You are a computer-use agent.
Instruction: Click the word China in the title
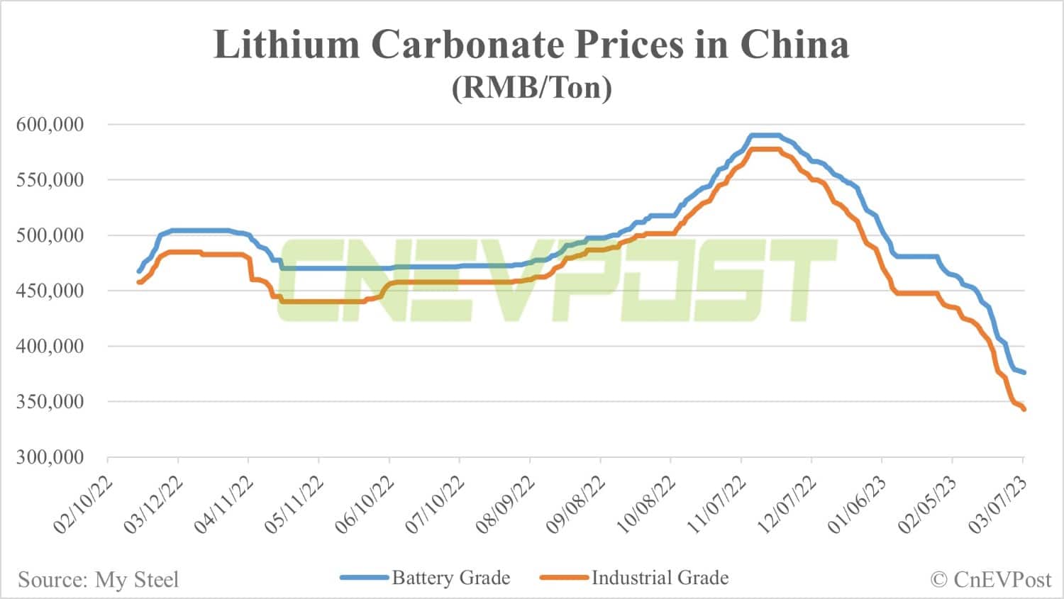794,45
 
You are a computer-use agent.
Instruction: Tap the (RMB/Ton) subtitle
531,89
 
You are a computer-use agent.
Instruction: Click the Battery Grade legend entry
450,578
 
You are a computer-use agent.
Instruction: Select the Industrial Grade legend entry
660,578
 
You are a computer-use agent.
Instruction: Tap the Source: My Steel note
98,580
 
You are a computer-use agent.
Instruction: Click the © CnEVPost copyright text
990,580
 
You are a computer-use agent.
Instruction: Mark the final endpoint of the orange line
1024,409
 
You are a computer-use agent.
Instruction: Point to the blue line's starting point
139,271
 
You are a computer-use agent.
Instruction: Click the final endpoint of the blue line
1024,373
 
